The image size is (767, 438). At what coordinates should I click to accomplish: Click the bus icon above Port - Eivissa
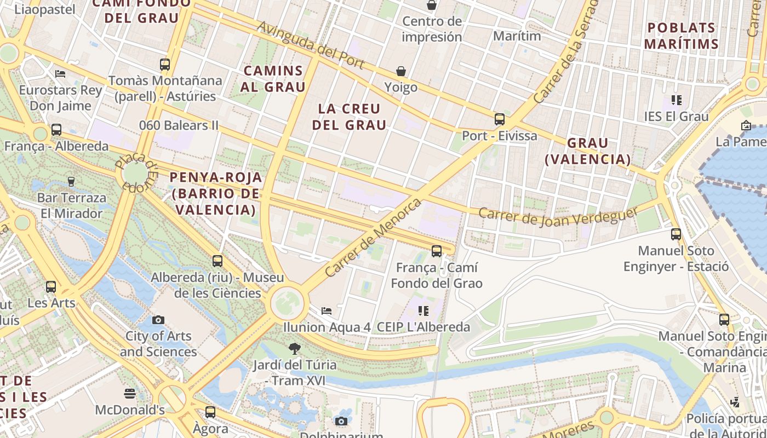[x=499, y=119]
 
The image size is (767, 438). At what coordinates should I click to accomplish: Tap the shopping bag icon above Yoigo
[x=401, y=71]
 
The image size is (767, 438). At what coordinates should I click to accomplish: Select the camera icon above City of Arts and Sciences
[x=158, y=320]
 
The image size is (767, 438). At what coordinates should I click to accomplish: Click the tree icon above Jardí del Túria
[x=294, y=348]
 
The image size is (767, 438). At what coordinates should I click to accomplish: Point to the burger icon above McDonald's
[x=130, y=393]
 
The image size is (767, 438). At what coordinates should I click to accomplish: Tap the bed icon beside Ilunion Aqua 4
[x=327, y=311]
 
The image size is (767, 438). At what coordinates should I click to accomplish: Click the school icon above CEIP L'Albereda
[x=423, y=311]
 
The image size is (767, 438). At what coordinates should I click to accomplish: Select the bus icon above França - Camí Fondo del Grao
[x=436, y=251]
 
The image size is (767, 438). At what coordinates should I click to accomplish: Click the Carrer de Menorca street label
[x=373, y=238]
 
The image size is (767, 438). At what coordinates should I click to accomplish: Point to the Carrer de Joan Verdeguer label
[x=558, y=216]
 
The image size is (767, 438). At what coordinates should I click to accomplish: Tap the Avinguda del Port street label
[x=311, y=45]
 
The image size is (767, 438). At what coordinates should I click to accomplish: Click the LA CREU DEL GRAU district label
[x=349, y=117]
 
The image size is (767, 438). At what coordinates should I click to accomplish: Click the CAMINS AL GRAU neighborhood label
[x=273, y=78]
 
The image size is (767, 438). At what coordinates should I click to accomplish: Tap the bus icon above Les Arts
[x=51, y=286]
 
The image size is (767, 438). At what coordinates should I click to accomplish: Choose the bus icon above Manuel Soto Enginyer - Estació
[x=676, y=234]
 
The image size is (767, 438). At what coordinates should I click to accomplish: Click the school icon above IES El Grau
[x=677, y=100]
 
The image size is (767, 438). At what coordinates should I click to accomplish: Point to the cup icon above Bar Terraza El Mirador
[x=71, y=181]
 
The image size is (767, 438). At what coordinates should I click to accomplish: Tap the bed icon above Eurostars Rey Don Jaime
[x=60, y=73]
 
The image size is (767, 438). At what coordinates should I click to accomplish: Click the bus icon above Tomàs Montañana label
[x=165, y=64]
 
